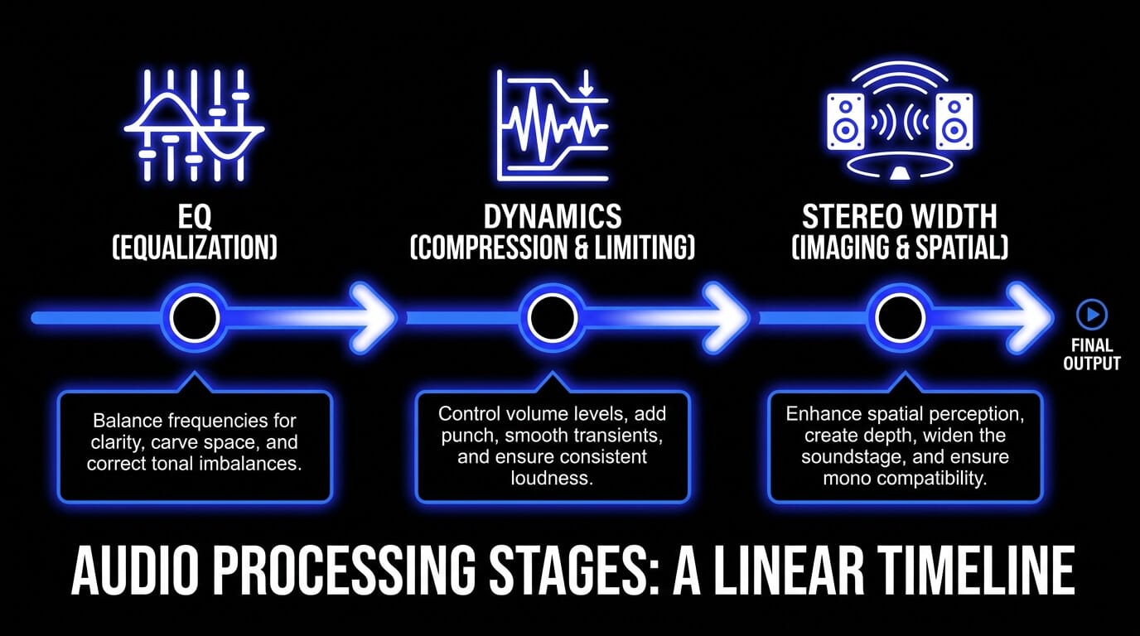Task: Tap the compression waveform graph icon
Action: click(x=552, y=126)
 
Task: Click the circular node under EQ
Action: click(x=195, y=317)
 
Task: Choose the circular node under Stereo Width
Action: click(x=901, y=317)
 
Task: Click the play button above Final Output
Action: click(x=1092, y=315)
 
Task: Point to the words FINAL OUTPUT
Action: click(x=1092, y=354)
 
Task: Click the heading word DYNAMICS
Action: click(x=553, y=217)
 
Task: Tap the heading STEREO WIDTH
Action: click(x=900, y=217)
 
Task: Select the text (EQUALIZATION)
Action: click(x=195, y=248)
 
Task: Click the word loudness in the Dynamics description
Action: click(x=552, y=478)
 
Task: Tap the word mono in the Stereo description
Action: click(x=844, y=478)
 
